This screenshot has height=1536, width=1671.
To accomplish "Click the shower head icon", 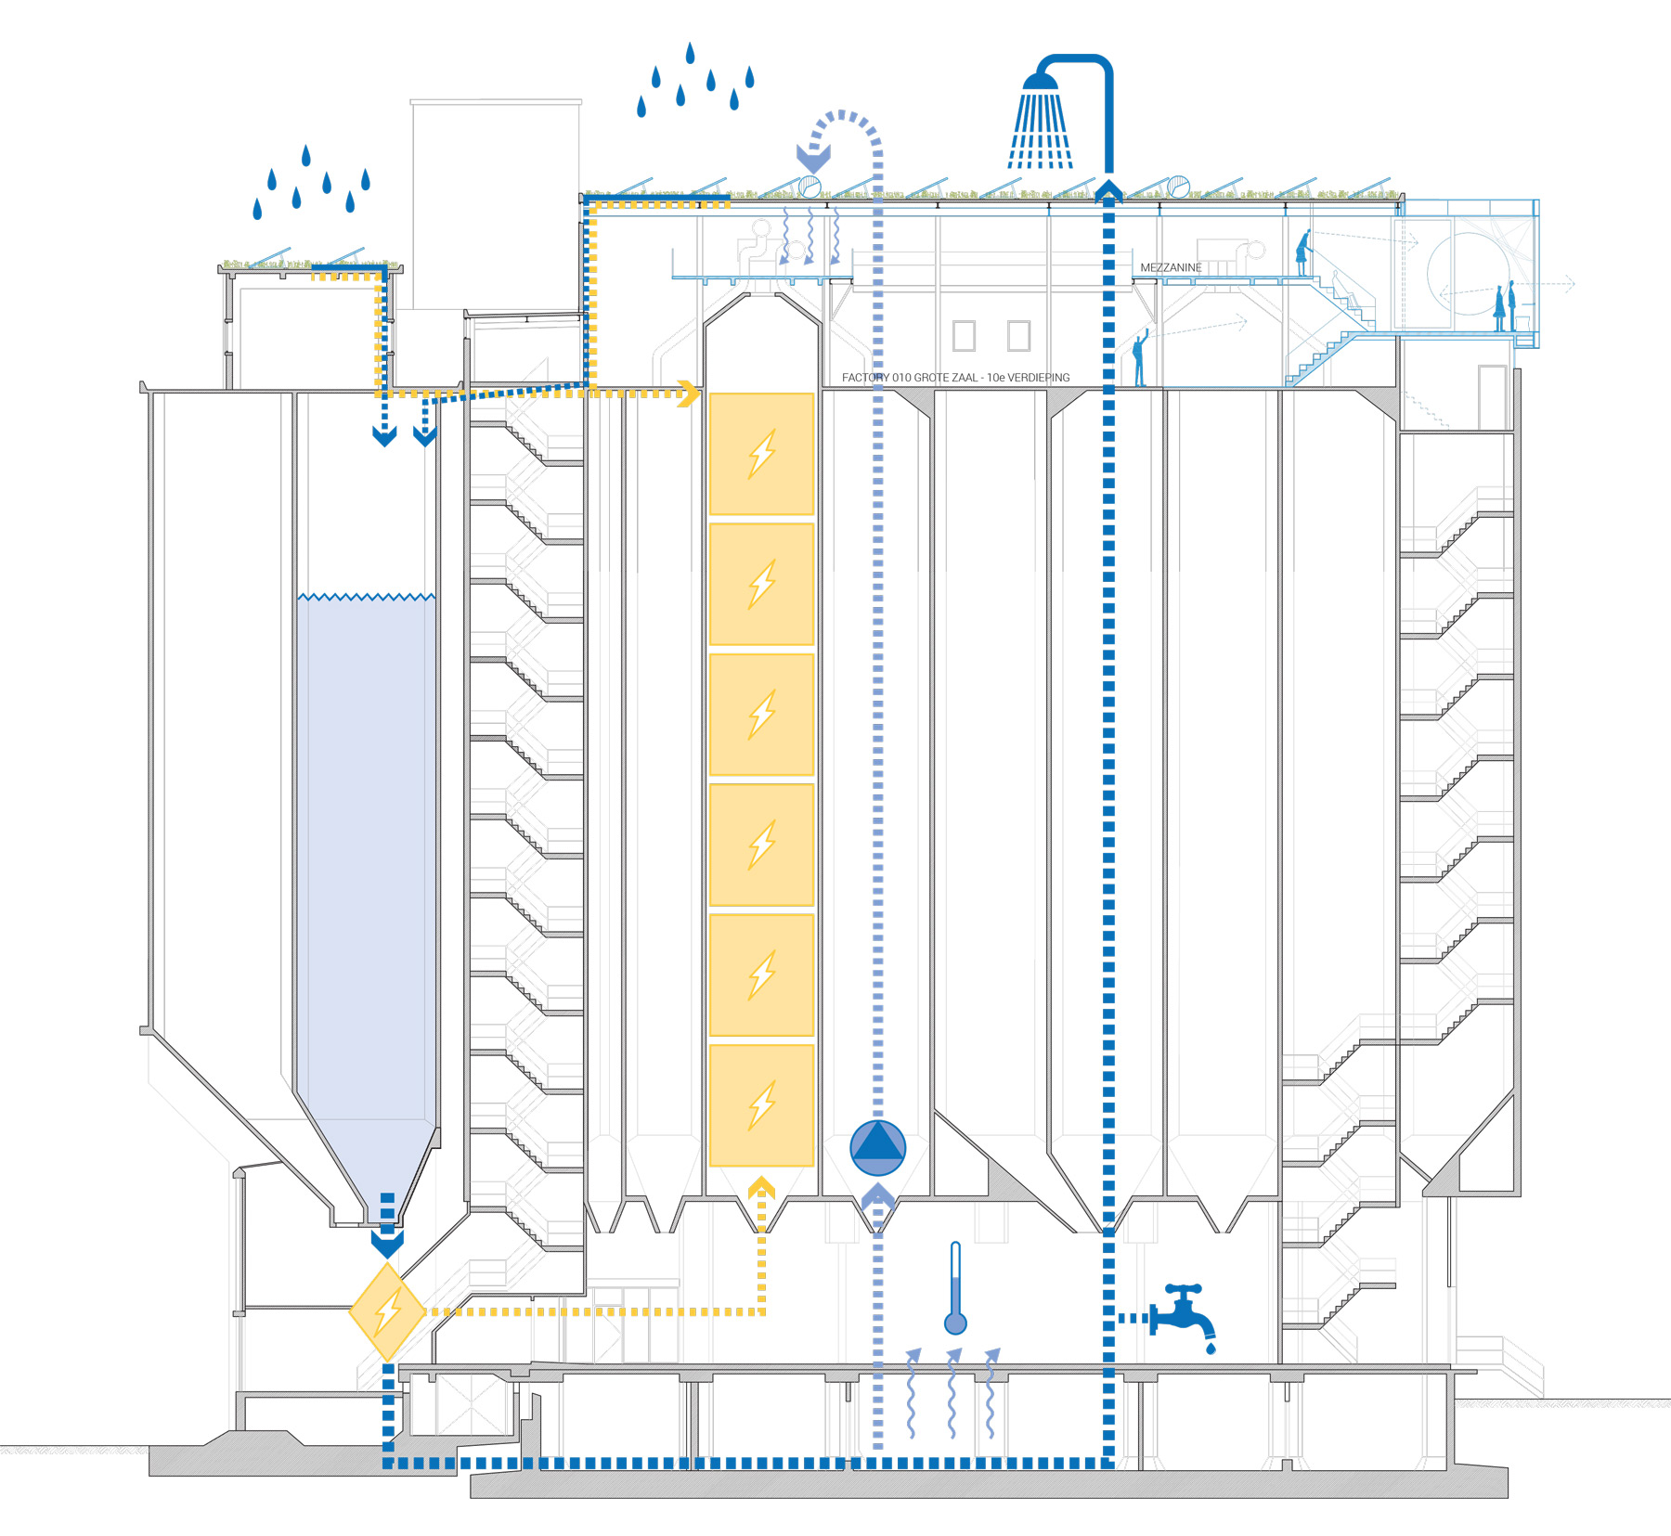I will pos(1041,121).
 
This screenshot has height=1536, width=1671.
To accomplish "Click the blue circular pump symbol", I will pos(877,1148).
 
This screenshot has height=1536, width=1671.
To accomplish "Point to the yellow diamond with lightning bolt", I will pos(387,1311).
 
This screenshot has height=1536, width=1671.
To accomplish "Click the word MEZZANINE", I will pos(1171,267).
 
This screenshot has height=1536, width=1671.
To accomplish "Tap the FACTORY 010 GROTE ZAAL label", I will pos(955,378).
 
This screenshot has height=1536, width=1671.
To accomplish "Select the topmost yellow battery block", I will pos(761,454).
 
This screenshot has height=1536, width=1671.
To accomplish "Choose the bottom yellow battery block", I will pos(761,1104).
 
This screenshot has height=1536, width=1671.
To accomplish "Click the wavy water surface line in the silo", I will pos(366,597).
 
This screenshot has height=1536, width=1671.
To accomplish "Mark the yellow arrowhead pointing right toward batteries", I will pos(689,393).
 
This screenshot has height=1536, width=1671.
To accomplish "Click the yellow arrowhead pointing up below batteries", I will pos(761,1187).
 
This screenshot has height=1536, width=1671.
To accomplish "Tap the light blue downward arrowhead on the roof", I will pos(813,157).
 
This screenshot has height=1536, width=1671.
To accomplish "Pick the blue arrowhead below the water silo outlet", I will pos(387,1243).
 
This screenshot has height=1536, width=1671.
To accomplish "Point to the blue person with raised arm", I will pos(1140,358).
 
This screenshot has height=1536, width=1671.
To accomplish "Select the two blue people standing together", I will pos(1505,307).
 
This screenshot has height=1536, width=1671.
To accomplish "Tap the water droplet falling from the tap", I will pos(1211,1348).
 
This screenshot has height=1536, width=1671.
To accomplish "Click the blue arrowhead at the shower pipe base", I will pos(1108,191).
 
